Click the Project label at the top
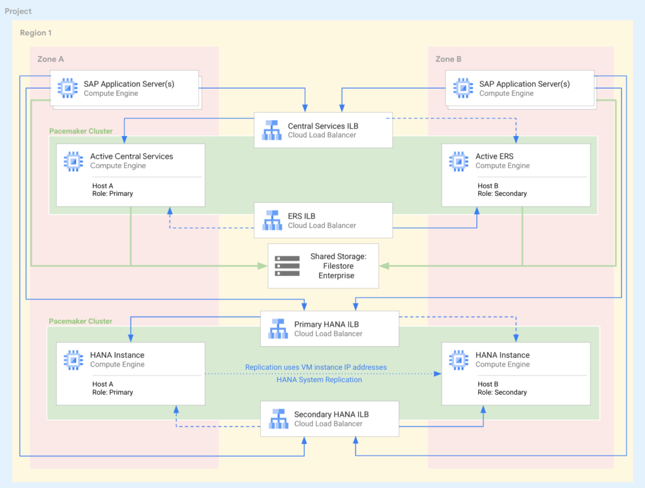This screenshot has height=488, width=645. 18,11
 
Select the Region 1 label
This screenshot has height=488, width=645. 36,33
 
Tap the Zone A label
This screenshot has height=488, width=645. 50,59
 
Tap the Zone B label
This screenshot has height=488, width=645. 448,59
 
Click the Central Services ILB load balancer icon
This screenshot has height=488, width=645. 271,130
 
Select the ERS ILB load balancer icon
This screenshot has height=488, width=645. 271,220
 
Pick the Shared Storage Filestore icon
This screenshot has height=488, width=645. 287,266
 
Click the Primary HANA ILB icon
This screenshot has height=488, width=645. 278,329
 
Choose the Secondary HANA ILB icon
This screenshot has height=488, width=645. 278,419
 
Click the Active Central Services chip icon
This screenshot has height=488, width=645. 74,161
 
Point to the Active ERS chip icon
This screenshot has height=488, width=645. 459,161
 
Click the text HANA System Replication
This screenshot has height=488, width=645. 319,380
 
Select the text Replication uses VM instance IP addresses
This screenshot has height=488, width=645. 316,367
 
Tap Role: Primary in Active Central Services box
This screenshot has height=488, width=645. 112,194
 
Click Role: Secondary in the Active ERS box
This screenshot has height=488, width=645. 502,194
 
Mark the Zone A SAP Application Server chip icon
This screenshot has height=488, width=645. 67,88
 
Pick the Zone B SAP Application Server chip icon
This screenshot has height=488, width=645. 463,88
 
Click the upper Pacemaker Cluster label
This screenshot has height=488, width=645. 81,132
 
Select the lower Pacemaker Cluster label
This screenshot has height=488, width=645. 81,321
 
